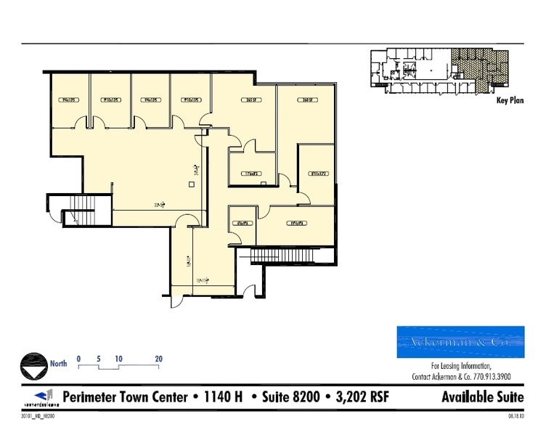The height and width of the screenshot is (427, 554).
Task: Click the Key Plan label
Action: (510, 101)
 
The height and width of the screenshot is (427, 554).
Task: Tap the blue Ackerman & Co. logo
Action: (460, 342)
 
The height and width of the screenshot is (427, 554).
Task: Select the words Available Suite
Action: (481, 397)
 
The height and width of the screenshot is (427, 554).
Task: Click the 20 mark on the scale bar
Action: (158, 358)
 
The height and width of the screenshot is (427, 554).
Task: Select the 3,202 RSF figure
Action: (358, 397)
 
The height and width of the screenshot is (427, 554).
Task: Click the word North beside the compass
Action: (58, 364)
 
